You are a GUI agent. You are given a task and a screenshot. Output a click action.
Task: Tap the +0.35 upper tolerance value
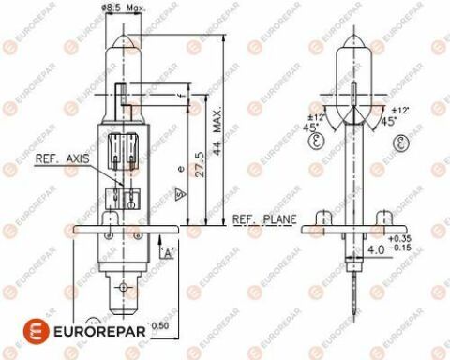tap(399, 240)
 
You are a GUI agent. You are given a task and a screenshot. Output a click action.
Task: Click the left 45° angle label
tap(308, 127)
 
